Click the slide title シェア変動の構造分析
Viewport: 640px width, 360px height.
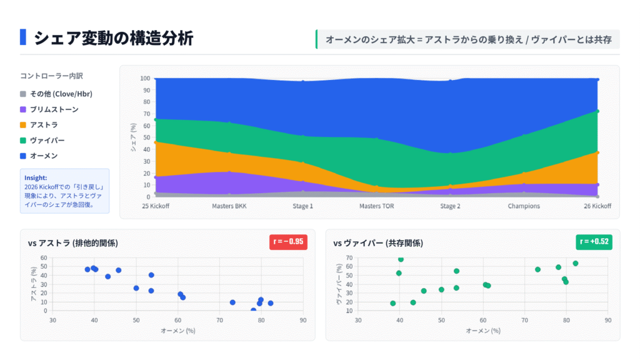(113, 38)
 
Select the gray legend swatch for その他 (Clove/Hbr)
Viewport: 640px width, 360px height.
(23, 94)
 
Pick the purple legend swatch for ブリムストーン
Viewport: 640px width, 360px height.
(23, 109)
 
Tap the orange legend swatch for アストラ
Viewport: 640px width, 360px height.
(23, 125)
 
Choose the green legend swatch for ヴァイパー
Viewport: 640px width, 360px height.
(23, 141)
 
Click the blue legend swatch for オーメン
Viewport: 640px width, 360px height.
(23, 156)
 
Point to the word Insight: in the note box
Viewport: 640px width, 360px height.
(36, 177)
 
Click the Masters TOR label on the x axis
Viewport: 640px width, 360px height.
(377, 206)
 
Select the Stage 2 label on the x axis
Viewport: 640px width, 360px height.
(450, 206)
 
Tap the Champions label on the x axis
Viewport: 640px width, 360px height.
(524, 206)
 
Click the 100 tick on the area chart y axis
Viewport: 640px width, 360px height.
(145, 79)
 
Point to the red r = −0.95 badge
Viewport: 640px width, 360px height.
(289, 242)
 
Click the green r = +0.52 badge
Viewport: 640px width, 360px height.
(594, 242)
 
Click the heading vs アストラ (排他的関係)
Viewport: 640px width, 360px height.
(73, 243)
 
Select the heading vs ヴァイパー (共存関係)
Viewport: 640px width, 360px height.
(378, 243)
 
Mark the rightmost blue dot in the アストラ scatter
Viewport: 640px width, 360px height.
(271, 303)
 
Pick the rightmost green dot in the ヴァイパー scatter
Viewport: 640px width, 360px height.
(576, 263)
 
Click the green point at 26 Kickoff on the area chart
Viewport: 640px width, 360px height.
(597, 111)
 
